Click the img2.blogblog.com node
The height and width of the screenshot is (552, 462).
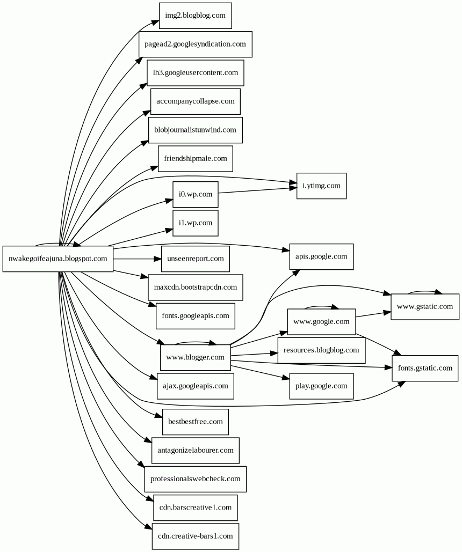click(x=195, y=15)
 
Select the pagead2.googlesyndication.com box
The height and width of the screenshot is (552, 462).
click(x=195, y=44)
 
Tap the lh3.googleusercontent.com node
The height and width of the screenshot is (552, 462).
click(x=195, y=72)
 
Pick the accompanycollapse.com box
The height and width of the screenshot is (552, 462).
click(x=195, y=101)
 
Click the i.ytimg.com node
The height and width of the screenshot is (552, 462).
click(x=321, y=186)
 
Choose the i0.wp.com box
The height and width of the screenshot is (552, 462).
click(x=195, y=194)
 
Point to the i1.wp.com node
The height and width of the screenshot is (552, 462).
click(x=195, y=223)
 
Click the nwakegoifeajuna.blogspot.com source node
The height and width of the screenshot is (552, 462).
click(x=57, y=259)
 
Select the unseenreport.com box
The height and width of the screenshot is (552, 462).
click(x=195, y=259)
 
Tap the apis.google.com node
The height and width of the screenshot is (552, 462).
click(x=321, y=256)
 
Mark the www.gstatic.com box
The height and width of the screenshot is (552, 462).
click(x=424, y=307)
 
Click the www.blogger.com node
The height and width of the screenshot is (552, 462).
click(x=195, y=357)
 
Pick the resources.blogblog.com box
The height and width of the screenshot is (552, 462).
click(x=321, y=350)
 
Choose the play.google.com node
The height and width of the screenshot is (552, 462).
click(x=321, y=386)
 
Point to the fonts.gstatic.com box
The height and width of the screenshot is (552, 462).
click(x=424, y=368)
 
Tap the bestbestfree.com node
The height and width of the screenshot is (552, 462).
click(x=195, y=422)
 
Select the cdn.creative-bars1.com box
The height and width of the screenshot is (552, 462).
click(x=195, y=536)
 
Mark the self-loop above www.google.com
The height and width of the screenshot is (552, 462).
click(x=321, y=307)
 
